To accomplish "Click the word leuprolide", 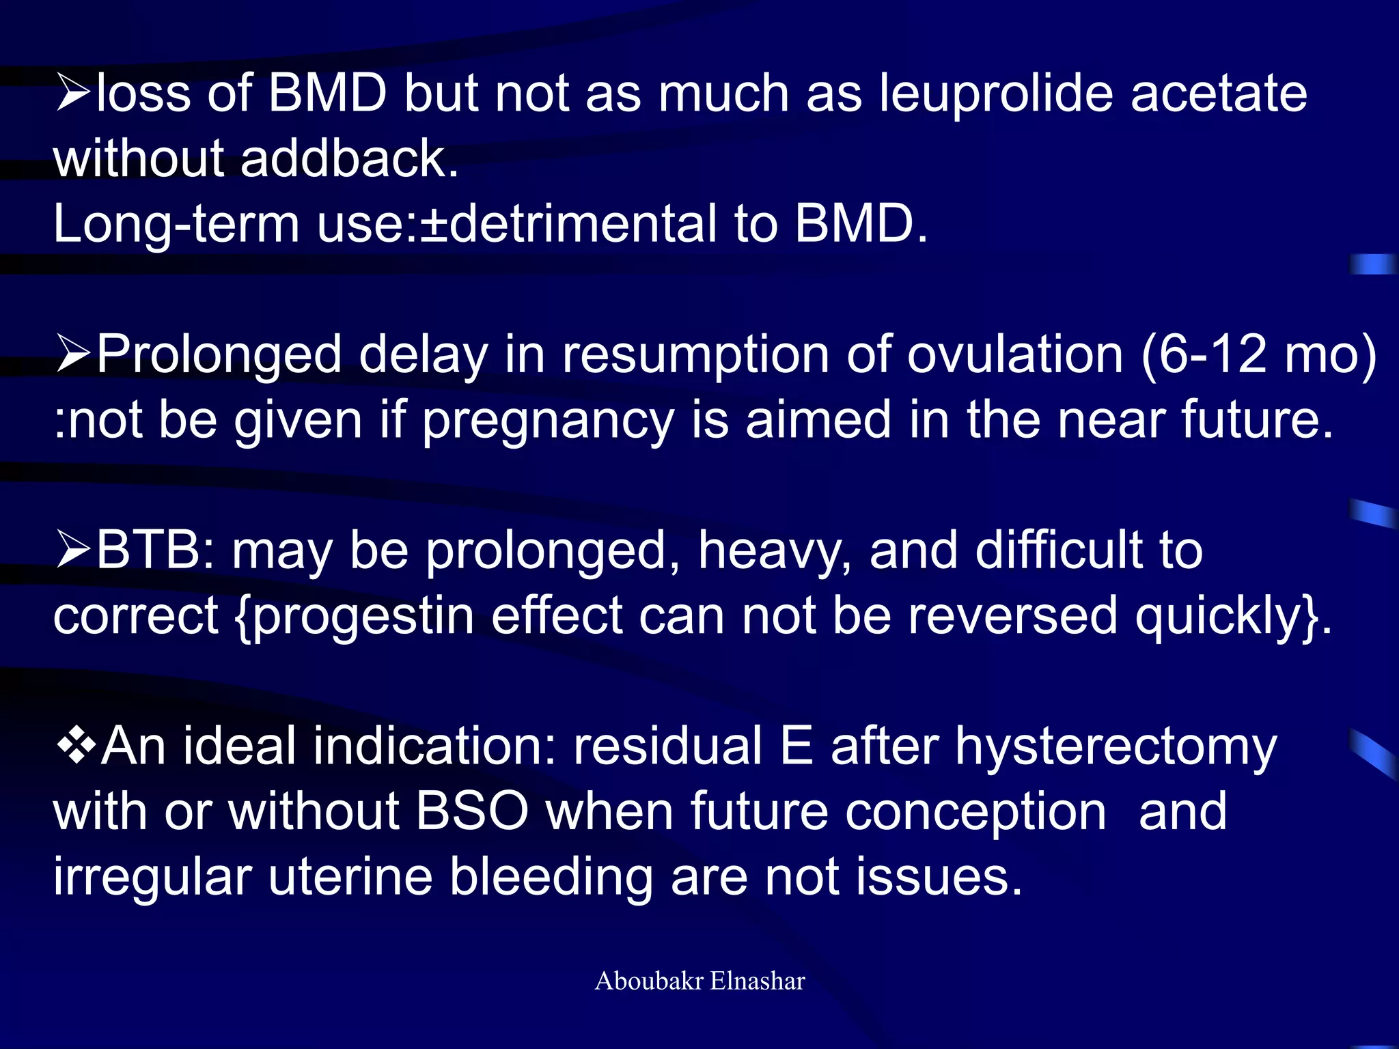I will [x=995, y=94].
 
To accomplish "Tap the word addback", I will [x=348, y=158].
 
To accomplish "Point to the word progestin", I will [x=363, y=617].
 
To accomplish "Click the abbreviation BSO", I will [x=472, y=811].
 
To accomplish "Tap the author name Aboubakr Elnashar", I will [x=699, y=981].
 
